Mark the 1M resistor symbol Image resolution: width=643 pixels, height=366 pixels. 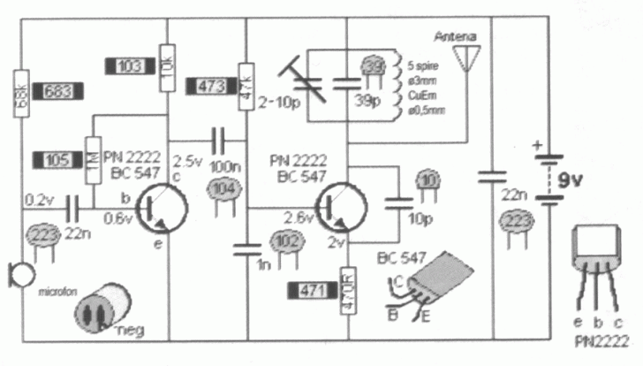point(91,160)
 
